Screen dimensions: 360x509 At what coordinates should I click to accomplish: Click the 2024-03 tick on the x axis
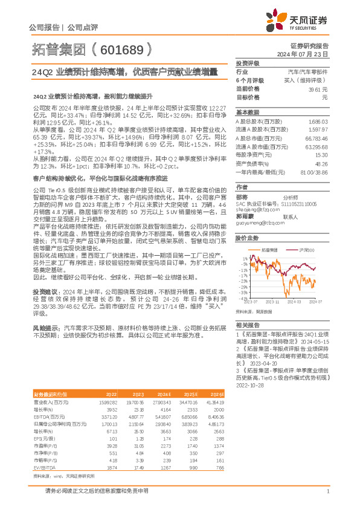tap(294, 300)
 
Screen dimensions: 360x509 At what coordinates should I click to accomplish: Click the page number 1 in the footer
tap(327, 491)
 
